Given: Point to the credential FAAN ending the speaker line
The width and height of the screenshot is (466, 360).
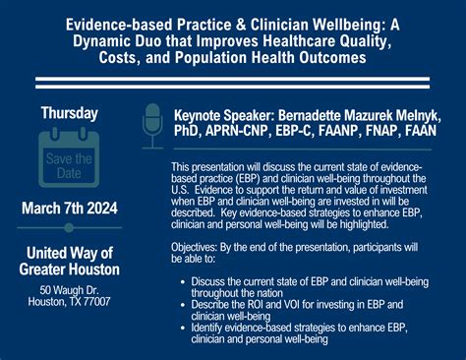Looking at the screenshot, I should (425, 128).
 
